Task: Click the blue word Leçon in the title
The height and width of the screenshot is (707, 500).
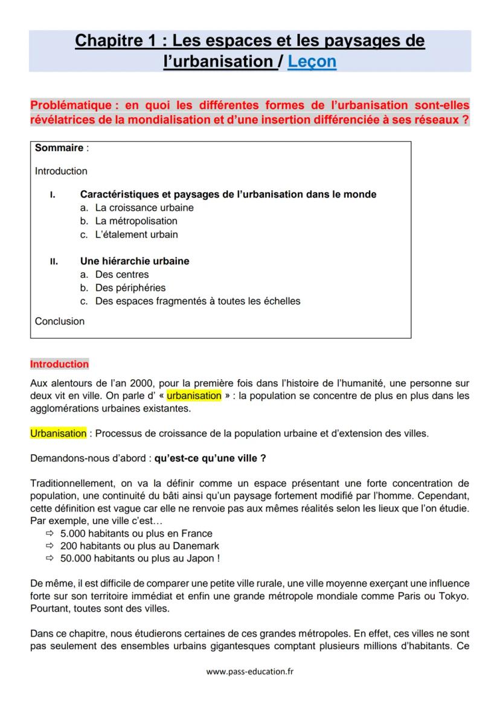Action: click(x=312, y=62)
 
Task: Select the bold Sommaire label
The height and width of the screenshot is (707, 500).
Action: click(x=59, y=148)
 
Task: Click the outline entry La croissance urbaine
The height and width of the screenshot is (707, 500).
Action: click(x=144, y=208)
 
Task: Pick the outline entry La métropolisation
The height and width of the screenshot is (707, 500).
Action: click(x=136, y=221)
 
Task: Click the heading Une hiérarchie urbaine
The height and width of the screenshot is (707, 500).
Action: click(x=135, y=261)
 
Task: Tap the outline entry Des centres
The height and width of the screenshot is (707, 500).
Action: click(x=121, y=275)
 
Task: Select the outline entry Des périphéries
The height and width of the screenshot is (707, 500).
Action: click(x=130, y=288)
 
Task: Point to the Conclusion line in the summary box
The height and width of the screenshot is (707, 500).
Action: click(x=60, y=321)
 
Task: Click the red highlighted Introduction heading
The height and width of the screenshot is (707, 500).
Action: click(x=59, y=364)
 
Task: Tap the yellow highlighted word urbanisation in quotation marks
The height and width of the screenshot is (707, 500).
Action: click(x=194, y=396)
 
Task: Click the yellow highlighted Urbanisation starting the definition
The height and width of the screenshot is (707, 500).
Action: click(x=59, y=433)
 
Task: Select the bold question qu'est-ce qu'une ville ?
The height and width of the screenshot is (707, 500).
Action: click(x=210, y=458)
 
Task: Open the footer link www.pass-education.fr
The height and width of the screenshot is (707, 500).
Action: click(x=250, y=671)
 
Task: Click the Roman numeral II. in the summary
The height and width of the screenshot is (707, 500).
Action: click(x=54, y=262)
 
